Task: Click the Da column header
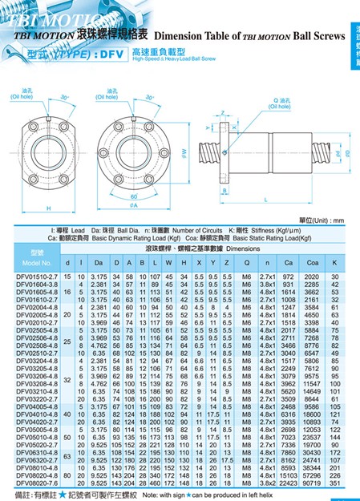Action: (x=96, y=263)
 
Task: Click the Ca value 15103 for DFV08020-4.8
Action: (x=289, y=476)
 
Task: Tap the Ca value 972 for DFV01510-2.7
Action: (x=289, y=277)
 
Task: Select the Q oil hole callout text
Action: (x=283, y=102)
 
